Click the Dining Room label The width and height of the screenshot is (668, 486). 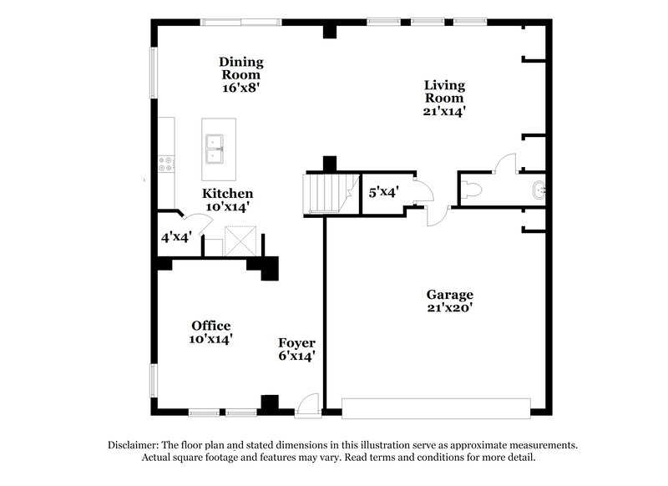pyautogui.click(x=241, y=68)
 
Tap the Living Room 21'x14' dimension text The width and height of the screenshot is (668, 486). pyautogui.click(x=444, y=109)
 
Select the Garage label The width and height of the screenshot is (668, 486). pyautogui.click(x=450, y=294)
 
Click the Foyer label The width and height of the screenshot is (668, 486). pyautogui.click(x=296, y=342)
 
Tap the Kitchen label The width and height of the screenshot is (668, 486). pyautogui.click(x=227, y=193)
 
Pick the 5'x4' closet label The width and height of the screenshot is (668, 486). pyautogui.click(x=384, y=192)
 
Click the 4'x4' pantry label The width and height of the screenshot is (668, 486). pyautogui.click(x=177, y=237)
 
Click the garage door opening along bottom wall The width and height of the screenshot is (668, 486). pyautogui.click(x=436, y=408)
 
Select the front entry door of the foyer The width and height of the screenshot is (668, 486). pyautogui.click(x=308, y=403)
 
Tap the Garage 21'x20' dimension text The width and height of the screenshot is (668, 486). pyautogui.click(x=450, y=306)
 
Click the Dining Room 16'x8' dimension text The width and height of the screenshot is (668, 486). pyautogui.click(x=241, y=86)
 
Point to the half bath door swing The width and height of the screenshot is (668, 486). pyautogui.click(x=505, y=163)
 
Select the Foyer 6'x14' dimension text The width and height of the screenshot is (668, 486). pyautogui.click(x=296, y=356)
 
